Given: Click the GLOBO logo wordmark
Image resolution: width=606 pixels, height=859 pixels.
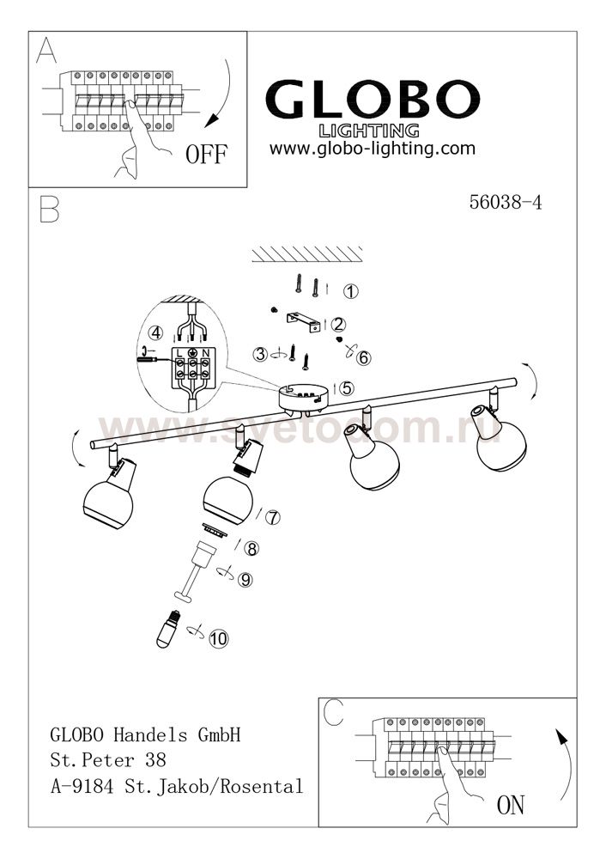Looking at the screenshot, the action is [x=373, y=100].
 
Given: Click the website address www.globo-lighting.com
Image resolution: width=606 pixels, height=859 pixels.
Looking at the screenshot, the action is [x=373, y=149].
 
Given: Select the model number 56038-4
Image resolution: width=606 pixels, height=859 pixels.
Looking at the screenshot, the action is [x=506, y=202].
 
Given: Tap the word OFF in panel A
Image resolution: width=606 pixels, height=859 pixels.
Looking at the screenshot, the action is [x=206, y=155].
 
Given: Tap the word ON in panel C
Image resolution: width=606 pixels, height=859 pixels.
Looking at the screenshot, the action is [x=510, y=806].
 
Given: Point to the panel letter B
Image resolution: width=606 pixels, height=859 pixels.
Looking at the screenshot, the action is [x=49, y=209].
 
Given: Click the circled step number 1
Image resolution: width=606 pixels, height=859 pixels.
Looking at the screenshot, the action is [x=350, y=291].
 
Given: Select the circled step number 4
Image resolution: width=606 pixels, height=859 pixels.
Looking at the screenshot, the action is [x=156, y=332].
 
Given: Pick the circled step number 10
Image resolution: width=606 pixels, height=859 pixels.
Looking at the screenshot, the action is [x=218, y=639].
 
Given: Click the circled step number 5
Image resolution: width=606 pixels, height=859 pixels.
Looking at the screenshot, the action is [x=347, y=388].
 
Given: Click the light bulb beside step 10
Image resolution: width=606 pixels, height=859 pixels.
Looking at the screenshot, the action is [x=168, y=630].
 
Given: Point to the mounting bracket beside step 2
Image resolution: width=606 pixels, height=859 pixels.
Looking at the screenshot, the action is [x=303, y=322].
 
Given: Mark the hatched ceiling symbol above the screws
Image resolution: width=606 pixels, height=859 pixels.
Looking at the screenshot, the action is [x=307, y=253].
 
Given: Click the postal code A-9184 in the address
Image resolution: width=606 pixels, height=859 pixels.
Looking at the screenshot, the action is [x=82, y=787].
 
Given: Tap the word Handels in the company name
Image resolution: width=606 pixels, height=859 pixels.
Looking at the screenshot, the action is [x=150, y=734].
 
